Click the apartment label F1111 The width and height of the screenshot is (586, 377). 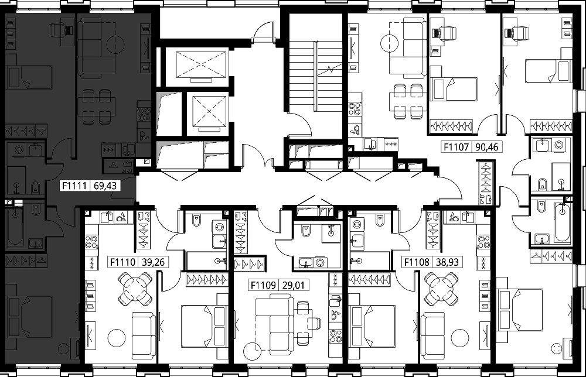75,186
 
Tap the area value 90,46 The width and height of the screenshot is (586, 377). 487,147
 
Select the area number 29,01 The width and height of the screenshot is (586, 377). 294,286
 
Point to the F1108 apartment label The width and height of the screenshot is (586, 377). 417,262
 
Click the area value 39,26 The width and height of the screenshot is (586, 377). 153,262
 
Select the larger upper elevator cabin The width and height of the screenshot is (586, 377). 201,65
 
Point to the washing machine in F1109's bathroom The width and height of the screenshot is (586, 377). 321,263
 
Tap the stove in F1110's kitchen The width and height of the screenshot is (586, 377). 91,242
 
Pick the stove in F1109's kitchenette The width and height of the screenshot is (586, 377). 335,336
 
